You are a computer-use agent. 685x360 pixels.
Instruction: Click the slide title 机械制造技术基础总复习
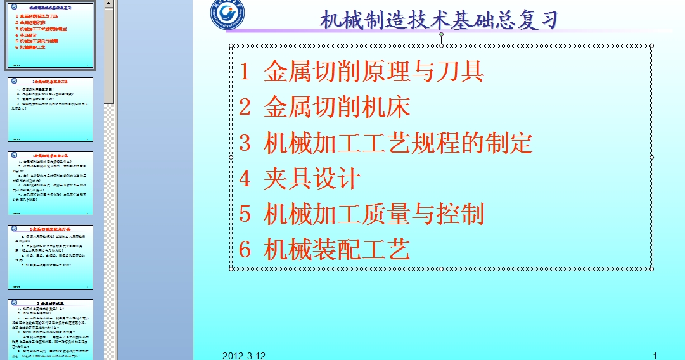[x=439, y=20]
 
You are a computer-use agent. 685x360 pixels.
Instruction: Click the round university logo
[x=229, y=15]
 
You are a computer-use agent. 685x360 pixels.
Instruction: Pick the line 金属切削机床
[x=337, y=107]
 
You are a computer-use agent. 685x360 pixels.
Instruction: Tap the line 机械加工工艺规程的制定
[x=398, y=143]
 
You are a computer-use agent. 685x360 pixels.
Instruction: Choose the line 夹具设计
[x=312, y=179]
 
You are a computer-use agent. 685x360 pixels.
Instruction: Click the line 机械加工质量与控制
[x=374, y=214]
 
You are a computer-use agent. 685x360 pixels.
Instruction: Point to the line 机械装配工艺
[x=337, y=250]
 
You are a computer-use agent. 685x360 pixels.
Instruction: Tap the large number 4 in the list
[x=245, y=179]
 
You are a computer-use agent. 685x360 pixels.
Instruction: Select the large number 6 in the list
[x=245, y=250]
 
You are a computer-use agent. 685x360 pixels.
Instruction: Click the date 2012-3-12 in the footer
[x=244, y=356]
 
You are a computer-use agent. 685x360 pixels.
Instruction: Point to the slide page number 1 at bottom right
[x=655, y=356]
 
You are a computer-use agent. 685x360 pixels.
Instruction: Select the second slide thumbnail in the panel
[x=50, y=110]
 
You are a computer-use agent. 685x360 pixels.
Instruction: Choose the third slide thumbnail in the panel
[x=50, y=183]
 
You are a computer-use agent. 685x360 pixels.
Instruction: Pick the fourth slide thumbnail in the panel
[x=50, y=257]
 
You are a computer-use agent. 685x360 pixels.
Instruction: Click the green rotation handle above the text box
[x=442, y=34]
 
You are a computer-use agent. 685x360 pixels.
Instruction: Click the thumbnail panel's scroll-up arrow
[x=109, y=4]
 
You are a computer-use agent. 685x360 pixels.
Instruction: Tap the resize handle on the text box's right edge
[x=652, y=157]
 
